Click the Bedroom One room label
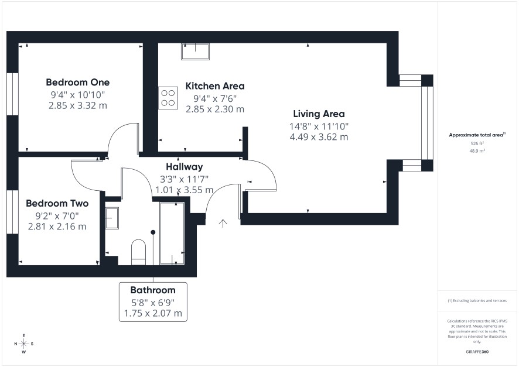pyautogui.click(x=78, y=83)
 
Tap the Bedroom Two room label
pyautogui.click(x=57, y=203)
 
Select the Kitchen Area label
pyautogui.click(x=215, y=86)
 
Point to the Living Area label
pyautogui.click(x=319, y=114)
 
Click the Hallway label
pyautogui.click(x=185, y=167)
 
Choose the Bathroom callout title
pyautogui.click(x=153, y=290)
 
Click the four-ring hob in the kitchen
pyautogui.click(x=168, y=98)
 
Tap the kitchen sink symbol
pyautogui.click(x=195, y=52)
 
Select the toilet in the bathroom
pyautogui.click(x=139, y=252)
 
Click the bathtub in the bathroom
pyautogui.click(x=172, y=234)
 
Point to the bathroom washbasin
pyautogui.click(x=112, y=218)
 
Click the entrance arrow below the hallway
pyautogui.click(x=223, y=224)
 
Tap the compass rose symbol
pyautogui.click(x=24, y=344)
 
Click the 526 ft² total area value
pyautogui.click(x=477, y=143)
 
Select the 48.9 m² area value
pyautogui.click(x=477, y=151)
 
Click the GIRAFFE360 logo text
pyautogui.click(x=477, y=352)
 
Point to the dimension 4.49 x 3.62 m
pyautogui.click(x=319, y=137)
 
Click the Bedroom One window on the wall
pyautogui.click(x=12, y=94)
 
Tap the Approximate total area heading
pyautogui.click(x=477, y=135)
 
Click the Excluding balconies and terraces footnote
pyautogui.click(x=477, y=300)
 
